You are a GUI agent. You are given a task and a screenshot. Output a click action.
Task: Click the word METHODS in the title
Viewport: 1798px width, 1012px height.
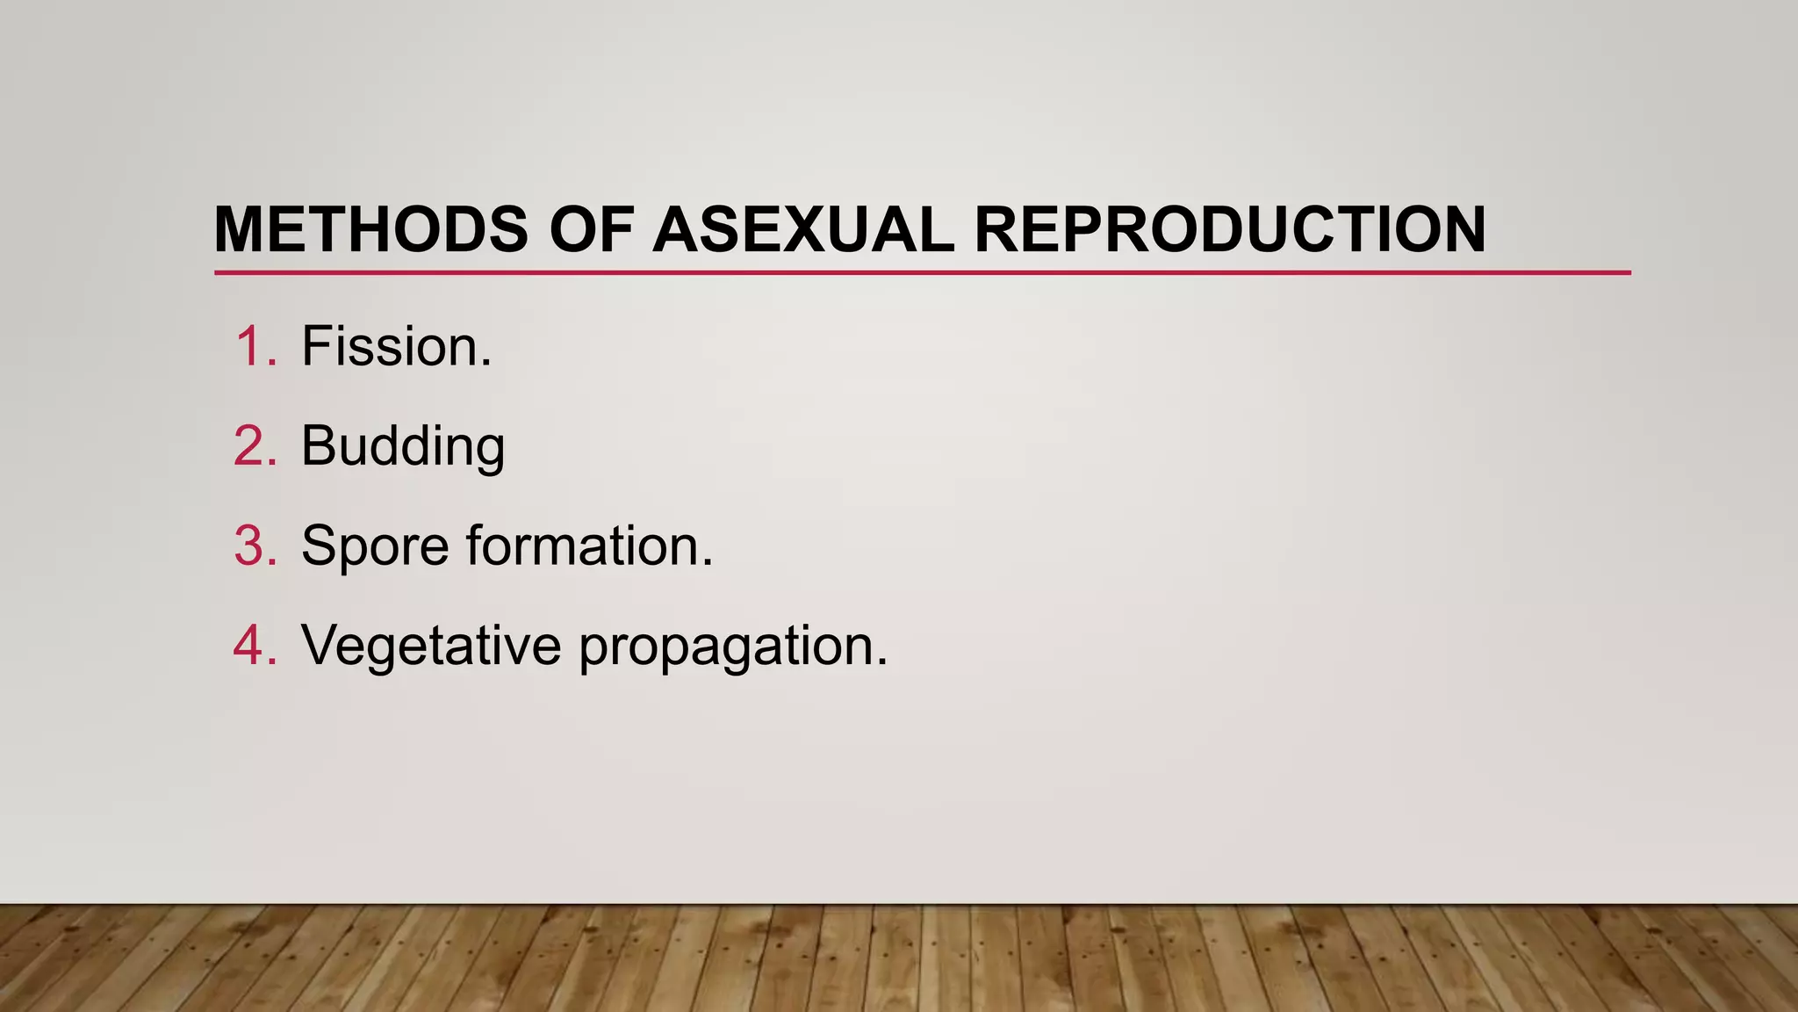370,230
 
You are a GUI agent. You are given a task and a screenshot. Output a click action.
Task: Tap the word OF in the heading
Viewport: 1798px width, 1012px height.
591,230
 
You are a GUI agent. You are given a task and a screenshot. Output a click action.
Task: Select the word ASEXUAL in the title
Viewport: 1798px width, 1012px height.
802,230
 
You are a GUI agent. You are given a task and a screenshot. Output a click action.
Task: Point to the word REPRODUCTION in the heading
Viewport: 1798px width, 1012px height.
1229,230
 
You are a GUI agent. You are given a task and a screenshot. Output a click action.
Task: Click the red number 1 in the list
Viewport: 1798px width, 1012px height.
254,346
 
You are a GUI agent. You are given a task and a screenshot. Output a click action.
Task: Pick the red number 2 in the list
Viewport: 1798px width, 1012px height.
254,446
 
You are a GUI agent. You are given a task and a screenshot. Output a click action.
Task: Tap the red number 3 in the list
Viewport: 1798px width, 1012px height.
254,546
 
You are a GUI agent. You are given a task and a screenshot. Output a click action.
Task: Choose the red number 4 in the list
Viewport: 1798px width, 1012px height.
254,645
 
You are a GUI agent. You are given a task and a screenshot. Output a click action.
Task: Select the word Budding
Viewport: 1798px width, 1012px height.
403,446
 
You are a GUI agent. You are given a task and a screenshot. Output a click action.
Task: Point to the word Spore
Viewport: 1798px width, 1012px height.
375,546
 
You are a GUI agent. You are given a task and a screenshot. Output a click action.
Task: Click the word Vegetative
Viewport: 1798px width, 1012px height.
431,645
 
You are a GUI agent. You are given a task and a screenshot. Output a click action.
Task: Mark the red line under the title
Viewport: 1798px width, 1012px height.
922,273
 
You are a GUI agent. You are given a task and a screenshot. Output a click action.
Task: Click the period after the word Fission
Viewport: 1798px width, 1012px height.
486,364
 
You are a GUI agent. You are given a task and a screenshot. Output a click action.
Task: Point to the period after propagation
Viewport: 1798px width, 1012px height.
882,662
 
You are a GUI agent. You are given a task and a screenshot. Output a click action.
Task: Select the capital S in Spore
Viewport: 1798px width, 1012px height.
320,546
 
